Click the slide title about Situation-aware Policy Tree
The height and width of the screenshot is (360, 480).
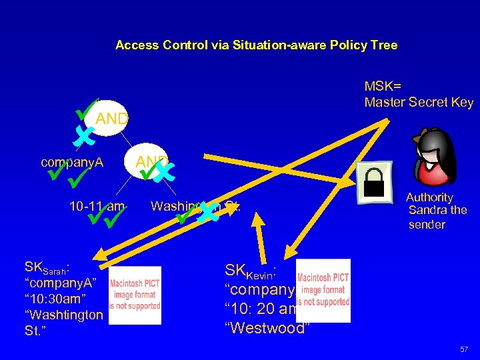[x=256, y=45]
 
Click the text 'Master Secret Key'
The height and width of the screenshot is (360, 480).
[x=419, y=102]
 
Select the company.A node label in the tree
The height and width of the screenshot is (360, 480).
[x=72, y=162]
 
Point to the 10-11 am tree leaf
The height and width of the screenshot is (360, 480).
[x=97, y=205]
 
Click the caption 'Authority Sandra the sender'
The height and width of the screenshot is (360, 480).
[x=437, y=211]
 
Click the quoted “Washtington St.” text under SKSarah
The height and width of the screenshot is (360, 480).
[x=63, y=322]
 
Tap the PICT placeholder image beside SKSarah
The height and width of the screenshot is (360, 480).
[x=135, y=295]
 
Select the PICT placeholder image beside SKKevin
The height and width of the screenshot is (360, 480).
[x=323, y=291]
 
